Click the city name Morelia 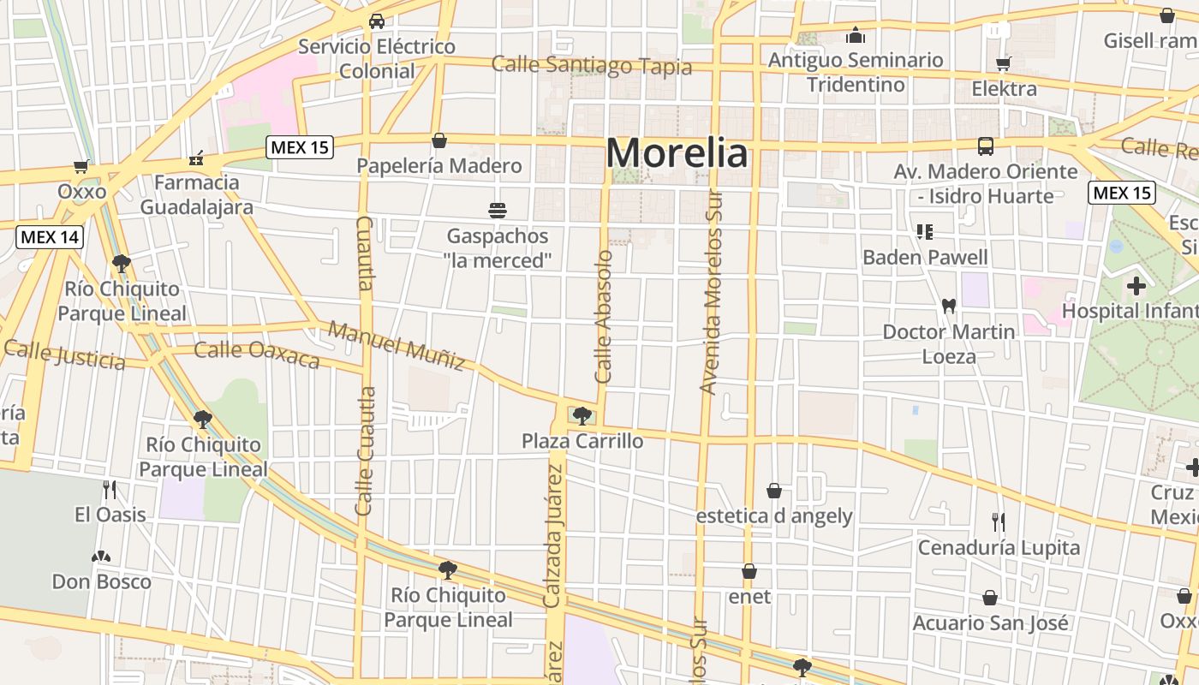tap(677, 154)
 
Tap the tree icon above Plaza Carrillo tap(582, 416)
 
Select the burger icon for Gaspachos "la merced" tap(498, 210)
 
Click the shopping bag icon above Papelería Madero tap(439, 140)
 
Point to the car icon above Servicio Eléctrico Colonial tap(376, 21)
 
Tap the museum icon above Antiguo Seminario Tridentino tap(855, 35)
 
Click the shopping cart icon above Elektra tap(1004, 63)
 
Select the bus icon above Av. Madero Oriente tap(986, 146)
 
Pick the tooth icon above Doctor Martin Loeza tap(948, 306)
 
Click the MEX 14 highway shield tap(50, 236)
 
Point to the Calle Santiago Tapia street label tap(592, 65)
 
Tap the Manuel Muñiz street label tap(397, 346)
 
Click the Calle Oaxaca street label tap(257, 353)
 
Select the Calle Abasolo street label tap(605, 317)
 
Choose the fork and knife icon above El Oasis tap(110, 490)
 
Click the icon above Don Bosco tap(101, 557)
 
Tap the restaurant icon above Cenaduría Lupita tap(999, 521)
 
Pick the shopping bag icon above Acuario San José tap(990, 598)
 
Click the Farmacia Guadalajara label tap(197, 194)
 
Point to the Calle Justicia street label tap(65, 354)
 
